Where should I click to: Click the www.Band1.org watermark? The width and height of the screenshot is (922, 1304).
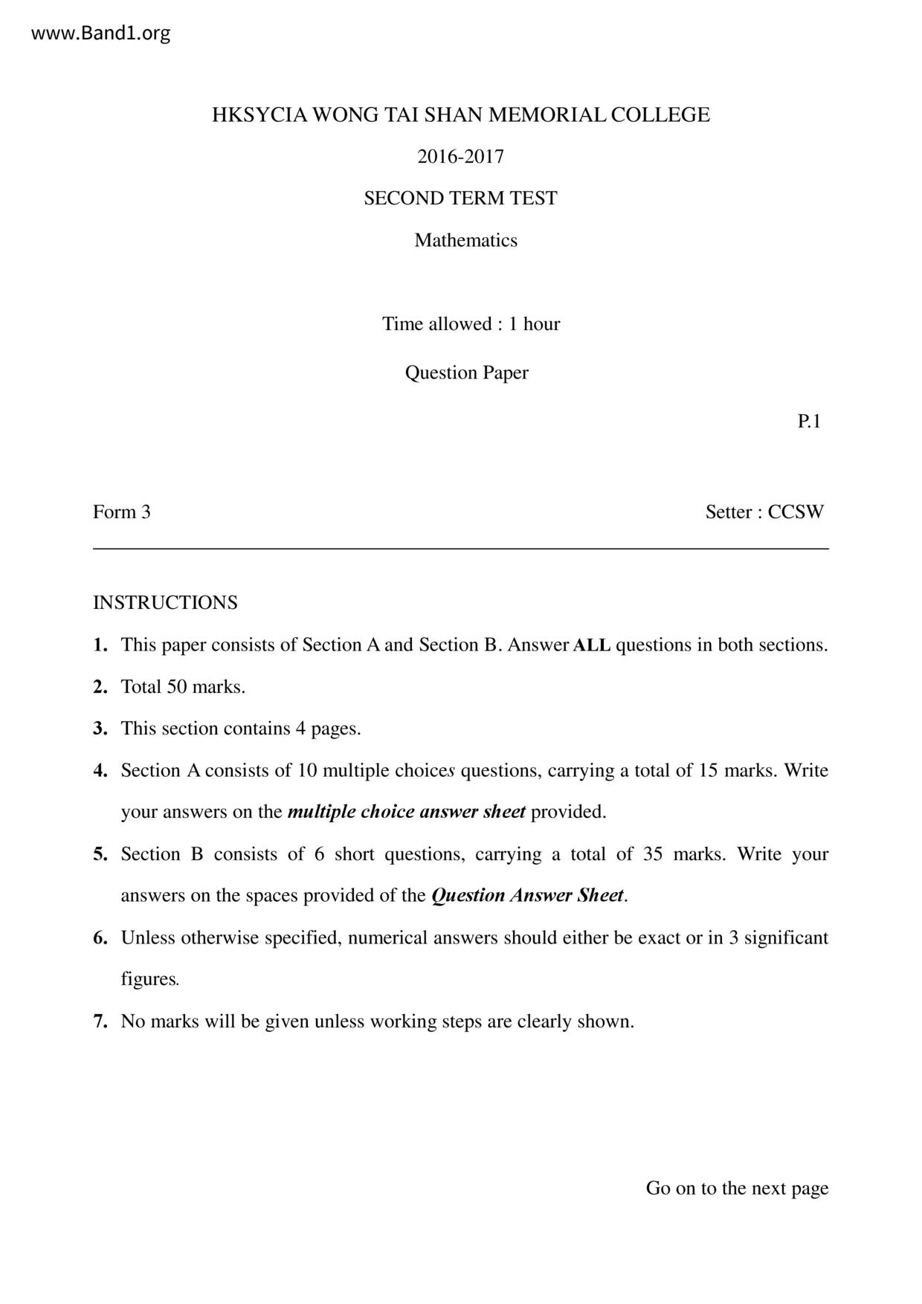[101, 33]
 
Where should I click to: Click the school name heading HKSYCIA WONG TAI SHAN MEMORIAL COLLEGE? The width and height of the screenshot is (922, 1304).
[460, 115]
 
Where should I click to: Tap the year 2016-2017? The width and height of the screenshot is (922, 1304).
[460, 157]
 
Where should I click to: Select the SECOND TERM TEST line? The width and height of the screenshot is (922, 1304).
[460, 198]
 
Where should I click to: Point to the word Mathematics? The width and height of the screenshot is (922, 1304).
[465, 240]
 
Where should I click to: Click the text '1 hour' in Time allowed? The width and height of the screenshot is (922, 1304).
[534, 324]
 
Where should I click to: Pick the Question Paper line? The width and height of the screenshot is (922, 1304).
[466, 372]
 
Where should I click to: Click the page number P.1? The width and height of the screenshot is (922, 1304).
[809, 422]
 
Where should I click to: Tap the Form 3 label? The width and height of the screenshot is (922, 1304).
[122, 512]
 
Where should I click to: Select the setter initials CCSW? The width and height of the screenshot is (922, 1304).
[796, 512]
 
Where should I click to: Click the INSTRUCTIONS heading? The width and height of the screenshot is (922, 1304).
[165, 603]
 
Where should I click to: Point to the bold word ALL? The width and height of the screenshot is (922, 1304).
[592, 645]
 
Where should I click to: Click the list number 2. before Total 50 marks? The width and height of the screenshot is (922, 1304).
[100, 687]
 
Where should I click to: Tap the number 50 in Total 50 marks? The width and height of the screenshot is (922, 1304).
[177, 687]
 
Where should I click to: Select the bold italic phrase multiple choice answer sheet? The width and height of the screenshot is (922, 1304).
[406, 812]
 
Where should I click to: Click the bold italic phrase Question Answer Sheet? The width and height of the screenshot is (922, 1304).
[527, 896]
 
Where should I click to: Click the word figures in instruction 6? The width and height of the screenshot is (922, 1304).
[149, 979]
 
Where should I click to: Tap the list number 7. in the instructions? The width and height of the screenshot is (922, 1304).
[100, 1021]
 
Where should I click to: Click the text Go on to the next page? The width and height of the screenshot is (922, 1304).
[737, 1188]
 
